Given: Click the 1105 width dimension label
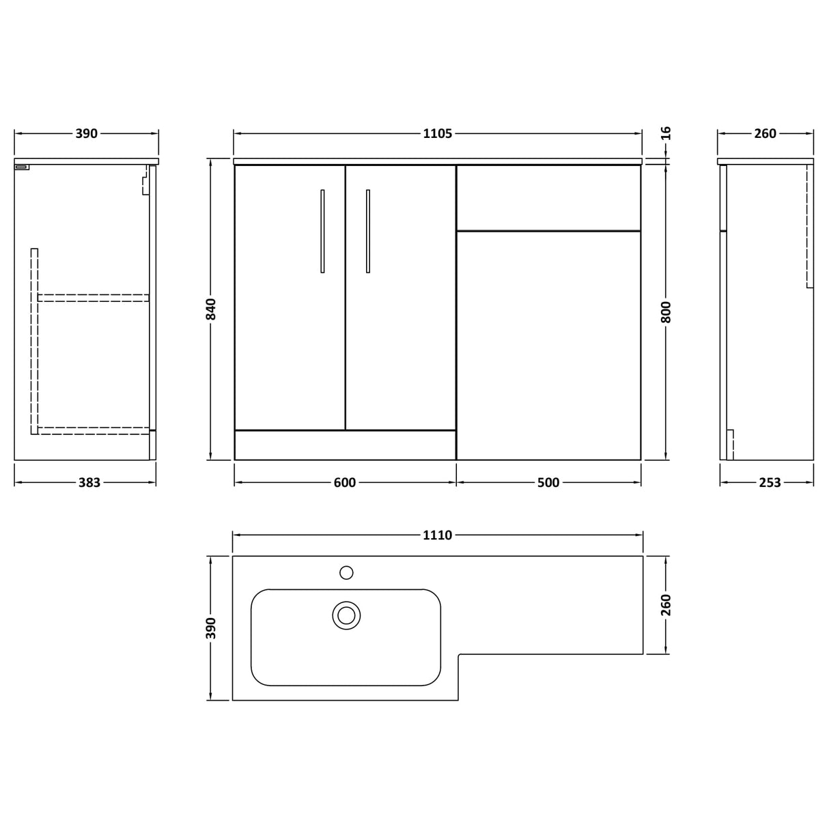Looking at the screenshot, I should coord(437,134).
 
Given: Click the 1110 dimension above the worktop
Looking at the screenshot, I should coord(437,535).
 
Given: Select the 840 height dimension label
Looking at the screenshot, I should coord(212,309).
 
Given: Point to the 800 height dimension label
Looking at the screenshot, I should coord(666,312).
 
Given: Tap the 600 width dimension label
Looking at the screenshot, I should coord(345,483).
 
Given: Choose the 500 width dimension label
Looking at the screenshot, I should coord(548,483).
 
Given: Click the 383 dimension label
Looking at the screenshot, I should coord(89,483).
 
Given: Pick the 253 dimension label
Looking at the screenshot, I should coord(770,483).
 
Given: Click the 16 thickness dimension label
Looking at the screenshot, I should coord(666,133).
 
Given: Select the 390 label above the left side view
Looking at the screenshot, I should coord(86,134).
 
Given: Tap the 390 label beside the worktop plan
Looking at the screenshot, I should coord(212,628).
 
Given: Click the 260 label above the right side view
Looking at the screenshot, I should coord(765,134).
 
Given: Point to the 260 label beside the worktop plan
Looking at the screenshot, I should coord(666,605).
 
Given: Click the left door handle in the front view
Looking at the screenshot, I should coord(322,231).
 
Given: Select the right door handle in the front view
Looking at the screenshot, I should coord(367,231).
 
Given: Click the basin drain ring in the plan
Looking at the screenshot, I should coord(346,615).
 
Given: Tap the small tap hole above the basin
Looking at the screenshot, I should coord(346,572).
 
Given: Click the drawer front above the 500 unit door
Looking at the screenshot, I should coord(548,197).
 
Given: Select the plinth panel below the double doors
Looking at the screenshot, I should coord(345,445).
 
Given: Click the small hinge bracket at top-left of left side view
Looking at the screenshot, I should coord(22,167).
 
